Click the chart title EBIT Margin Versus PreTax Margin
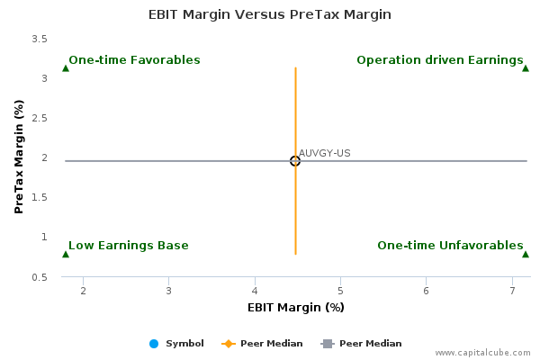click(x=270, y=14)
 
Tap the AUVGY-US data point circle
click(x=295, y=161)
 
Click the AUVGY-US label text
click(x=324, y=153)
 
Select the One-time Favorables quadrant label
click(x=134, y=60)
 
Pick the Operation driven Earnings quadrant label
click(x=440, y=60)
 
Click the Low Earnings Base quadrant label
click(x=129, y=246)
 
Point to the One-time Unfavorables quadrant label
click(x=450, y=246)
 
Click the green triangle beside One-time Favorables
click(x=66, y=68)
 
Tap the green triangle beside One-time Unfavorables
click(x=526, y=254)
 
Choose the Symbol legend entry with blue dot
click(x=176, y=344)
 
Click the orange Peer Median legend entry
click(x=262, y=344)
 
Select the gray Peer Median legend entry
click(x=361, y=344)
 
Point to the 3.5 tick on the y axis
click(x=40, y=39)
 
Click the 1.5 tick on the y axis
click(x=40, y=197)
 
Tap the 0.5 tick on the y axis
click(x=40, y=277)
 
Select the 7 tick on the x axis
click(x=512, y=291)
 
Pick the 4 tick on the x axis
click(x=255, y=291)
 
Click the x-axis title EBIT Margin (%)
click(x=296, y=307)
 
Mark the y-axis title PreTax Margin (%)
click(x=19, y=157)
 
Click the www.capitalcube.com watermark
click(x=482, y=353)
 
